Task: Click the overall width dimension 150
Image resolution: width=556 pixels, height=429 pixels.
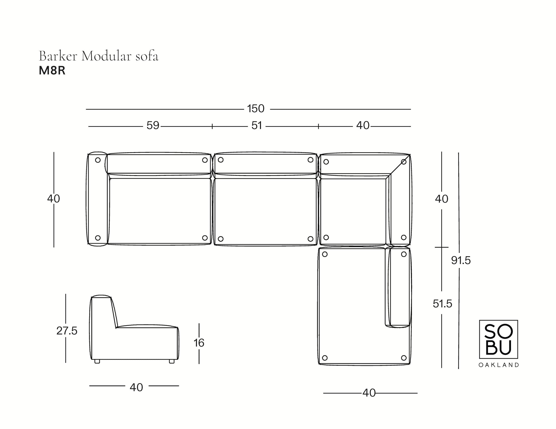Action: pyautogui.click(x=256, y=109)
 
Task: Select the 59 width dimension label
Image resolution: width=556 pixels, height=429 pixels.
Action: pyautogui.click(x=153, y=126)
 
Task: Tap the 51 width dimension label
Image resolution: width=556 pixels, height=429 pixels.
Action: pyautogui.click(x=257, y=126)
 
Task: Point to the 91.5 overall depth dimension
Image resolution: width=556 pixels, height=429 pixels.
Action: pyautogui.click(x=461, y=260)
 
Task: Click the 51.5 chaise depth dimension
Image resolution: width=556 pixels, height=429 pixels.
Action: pyautogui.click(x=442, y=304)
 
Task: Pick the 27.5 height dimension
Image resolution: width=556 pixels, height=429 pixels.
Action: pyautogui.click(x=67, y=331)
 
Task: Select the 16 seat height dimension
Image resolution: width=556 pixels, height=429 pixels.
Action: pyautogui.click(x=199, y=343)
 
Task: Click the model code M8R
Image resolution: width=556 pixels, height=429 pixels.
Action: pyautogui.click(x=52, y=71)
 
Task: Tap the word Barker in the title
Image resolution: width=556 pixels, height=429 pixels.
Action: pyautogui.click(x=58, y=56)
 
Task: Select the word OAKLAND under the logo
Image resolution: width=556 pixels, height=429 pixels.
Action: pyautogui.click(x=498, y=365)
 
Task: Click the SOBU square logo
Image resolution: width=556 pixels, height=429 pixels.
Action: pyautogui.click(x=498, y=339)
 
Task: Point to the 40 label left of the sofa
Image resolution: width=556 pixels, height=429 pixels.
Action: pyautogui.click(x=53, y=199)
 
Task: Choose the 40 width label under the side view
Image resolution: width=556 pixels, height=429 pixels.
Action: pyautogui.click(x=136, y=387)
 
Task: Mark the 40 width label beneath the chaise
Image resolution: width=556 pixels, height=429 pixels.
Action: pyautogui.click(x=369, y=393)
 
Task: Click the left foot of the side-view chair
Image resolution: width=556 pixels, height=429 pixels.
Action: pyautogui.click(x=97, y=362)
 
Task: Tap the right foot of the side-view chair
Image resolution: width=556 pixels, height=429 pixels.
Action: pyautogui.click(x=172, y=362)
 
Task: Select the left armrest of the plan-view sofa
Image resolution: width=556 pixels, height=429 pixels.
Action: pyautogui.click(x=97, y=199)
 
